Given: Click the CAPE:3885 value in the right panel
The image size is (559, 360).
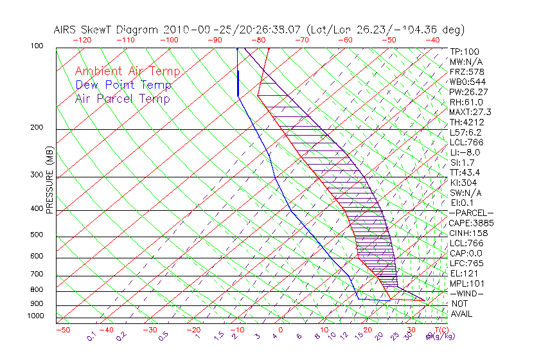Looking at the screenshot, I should pyautogui.click(x=472, y=223).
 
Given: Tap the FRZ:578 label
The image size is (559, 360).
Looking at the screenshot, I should pyautogui.click(x=465, y=71).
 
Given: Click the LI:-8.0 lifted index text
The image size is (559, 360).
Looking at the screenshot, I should pyautogui.click(x=465, y=152).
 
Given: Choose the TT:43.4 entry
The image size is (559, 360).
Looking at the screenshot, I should pyautogui.click(x=465, y=172).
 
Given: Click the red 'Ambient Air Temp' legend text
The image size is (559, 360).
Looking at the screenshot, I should pyautogui.click(x=127, y=72).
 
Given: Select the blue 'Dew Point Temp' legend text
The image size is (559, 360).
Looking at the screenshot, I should pyautogui.click(x=123, y=85).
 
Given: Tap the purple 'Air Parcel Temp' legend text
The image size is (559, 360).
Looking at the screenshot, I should pyautogui.click(x=122, y=99).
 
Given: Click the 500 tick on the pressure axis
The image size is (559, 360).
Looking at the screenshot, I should pyautogui.click(x=36, y=235).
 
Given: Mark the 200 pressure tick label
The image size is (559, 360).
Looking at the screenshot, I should pyautogui.click(x=36, y=128).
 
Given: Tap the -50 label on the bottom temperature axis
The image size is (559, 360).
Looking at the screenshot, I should pyautogui.click(x=62, y=330).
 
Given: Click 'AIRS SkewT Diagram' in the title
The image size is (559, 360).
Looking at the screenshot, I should pyautogui.click(x=107, y=30).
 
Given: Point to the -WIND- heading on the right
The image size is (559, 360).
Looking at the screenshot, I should pyautogui.click(x=467, y=293).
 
